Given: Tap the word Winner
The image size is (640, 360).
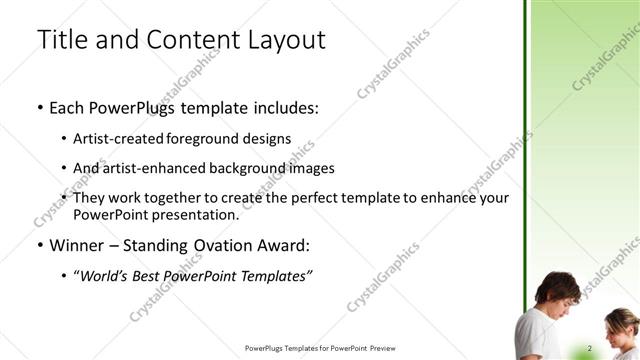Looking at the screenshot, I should coord(78,245).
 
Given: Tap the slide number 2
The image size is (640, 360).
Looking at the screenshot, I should coord(590,347).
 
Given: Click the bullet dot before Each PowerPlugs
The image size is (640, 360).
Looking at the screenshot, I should coord(39,109).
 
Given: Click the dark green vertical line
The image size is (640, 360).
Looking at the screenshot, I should coord(526,150).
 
